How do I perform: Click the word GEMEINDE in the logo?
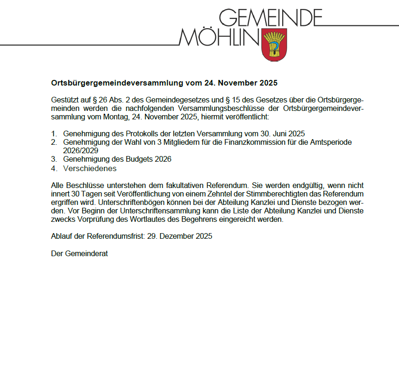pyautogui.click(x=271, y=17)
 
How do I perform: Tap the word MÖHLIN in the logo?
pyautogui.click(x=219, y=37)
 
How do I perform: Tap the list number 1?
pyautogui.click(x=54, y=133)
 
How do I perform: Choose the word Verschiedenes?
pyautogui.click(x=90, y=168)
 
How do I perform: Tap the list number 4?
pyautogui.click(x=54, y=168)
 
